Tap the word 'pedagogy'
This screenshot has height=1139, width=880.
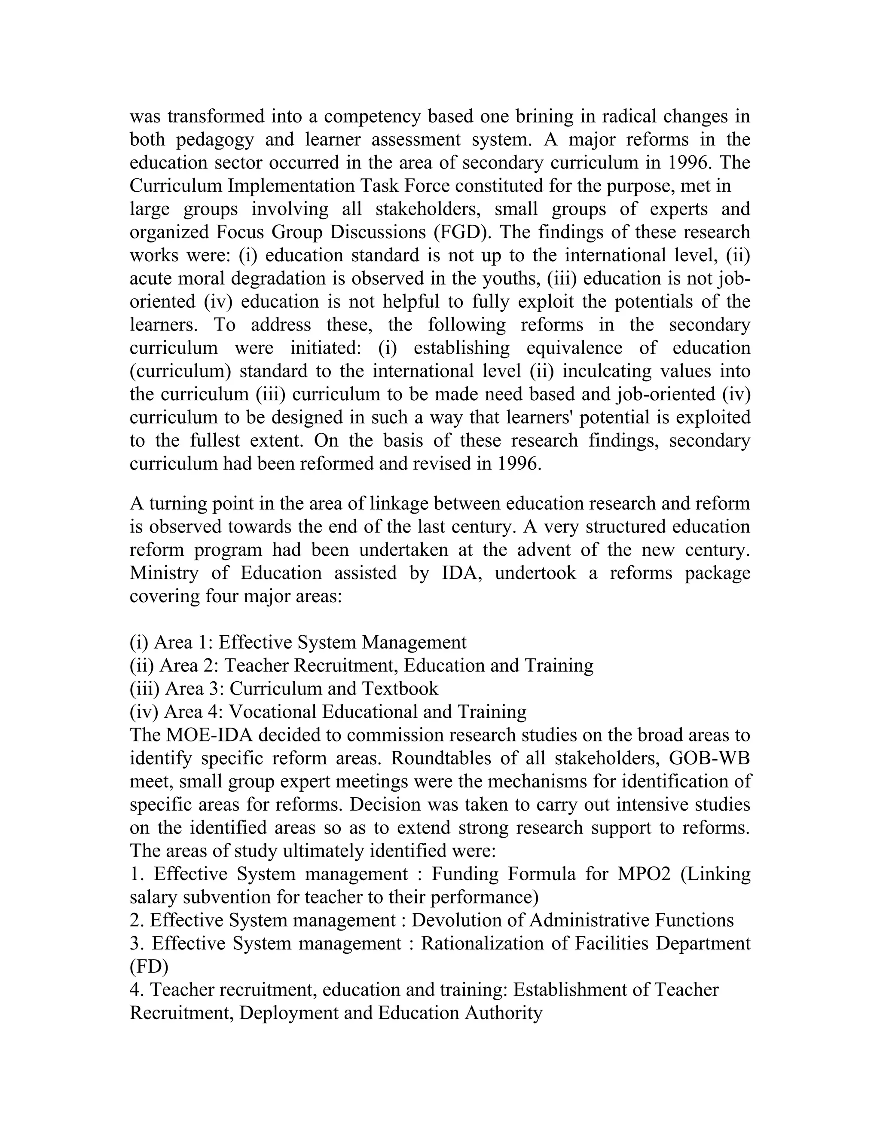[x=215, y=140]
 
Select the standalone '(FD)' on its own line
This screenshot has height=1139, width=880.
[x=149, y=966]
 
